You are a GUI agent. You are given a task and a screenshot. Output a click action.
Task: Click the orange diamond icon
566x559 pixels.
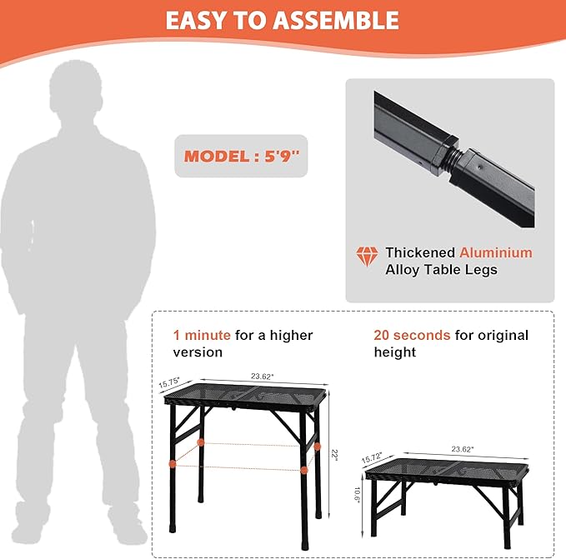pos(367,257)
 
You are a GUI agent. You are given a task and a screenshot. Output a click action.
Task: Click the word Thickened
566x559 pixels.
pos(420,252)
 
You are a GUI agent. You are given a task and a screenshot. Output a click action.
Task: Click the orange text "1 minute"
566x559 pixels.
pos(202,335)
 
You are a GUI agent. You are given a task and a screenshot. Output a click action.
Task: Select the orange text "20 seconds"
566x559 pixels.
pos(412,335)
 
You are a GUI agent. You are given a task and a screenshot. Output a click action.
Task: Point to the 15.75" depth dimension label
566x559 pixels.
pos(171,384)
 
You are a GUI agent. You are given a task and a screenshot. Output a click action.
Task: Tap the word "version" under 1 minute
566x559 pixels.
pos(198,352)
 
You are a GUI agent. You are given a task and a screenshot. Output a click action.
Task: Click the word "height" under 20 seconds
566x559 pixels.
pos(395,352)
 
